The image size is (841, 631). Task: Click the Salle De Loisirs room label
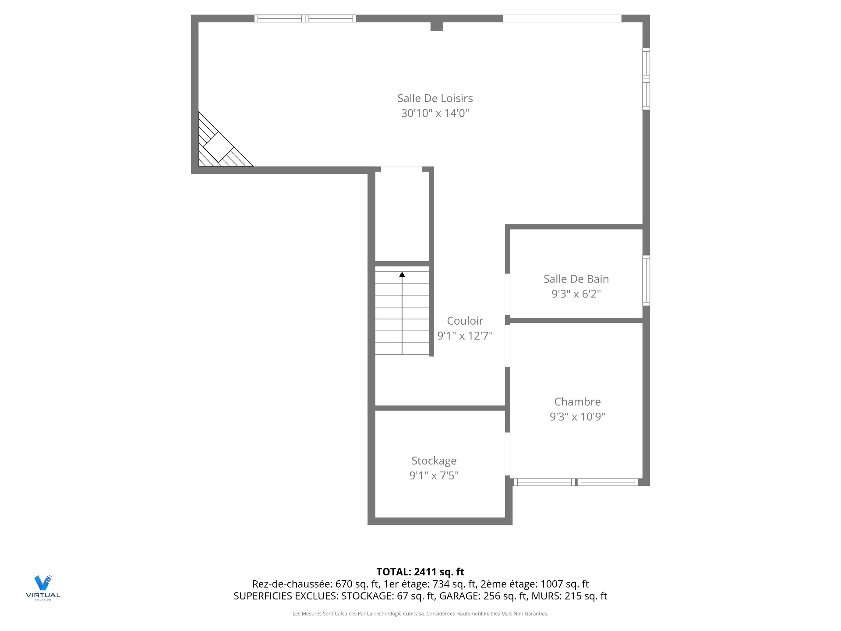point(435,98)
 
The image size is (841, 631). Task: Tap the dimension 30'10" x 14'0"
point(435,113)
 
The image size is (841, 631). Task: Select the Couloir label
point(465,321)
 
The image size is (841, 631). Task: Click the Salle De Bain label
point(576,279)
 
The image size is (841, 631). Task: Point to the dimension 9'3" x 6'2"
point(576,294)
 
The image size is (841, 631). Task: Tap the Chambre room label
point(577,401)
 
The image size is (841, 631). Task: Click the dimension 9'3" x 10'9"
point(577,416)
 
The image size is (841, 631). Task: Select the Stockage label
point(434,461)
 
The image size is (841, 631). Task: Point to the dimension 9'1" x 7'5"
point(434,475)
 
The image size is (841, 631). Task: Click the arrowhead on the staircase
point(402,275)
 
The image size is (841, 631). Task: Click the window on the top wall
point(305,18)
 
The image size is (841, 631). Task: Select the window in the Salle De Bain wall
point(646,280)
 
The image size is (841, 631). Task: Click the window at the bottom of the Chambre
point(576,482)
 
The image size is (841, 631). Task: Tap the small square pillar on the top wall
point(437,26)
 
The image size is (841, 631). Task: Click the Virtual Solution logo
point(43,587)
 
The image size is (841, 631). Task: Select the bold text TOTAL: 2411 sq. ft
point(420,571)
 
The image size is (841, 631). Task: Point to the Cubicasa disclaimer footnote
point(420,613)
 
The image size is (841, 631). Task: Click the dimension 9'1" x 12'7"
point(465,336)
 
